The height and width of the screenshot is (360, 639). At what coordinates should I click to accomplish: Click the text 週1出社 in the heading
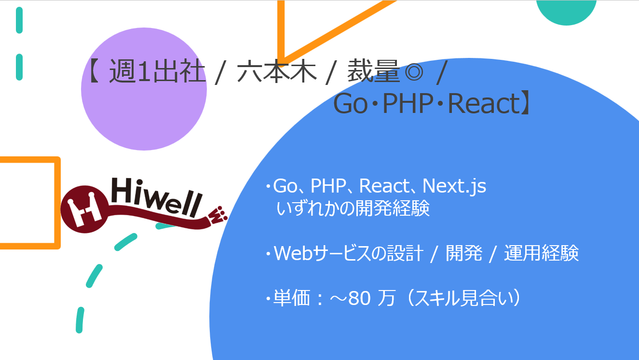pyautogui.click(x=157, y=73)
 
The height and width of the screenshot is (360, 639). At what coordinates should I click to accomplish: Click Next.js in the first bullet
pyautogui.click(x=454, y=186)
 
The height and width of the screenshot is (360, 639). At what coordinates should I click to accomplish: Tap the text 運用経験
pyautogui.click(x=541, y=253)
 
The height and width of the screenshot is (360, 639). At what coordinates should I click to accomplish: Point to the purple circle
pyautogui.click(x=144, y=88)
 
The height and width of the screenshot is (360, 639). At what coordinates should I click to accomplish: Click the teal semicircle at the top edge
pyautogui.click(x=567, y=11)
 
